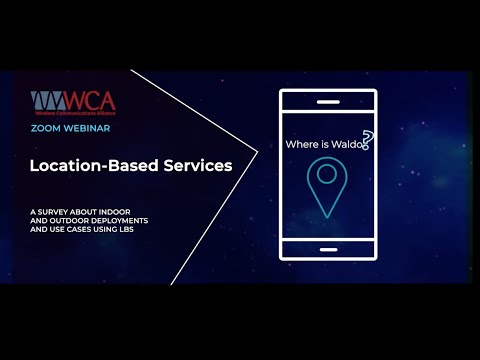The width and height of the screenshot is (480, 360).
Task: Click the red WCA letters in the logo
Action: click(93, 100)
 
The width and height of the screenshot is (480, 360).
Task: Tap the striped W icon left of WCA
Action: click(47, 101)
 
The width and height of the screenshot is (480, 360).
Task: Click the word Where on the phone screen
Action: click(302, 144)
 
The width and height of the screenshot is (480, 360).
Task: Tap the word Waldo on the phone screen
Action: click(346, 144)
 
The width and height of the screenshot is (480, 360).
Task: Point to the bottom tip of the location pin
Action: click(327, 217)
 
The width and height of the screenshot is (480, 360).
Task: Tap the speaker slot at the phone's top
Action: click(328, 101)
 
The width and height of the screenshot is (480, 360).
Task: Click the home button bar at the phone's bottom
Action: click(328, 250)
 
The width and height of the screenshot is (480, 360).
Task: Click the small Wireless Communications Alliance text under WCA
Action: click(72, 113)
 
